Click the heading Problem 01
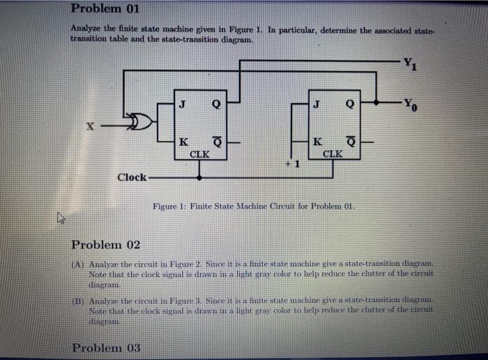(x=105, y=10)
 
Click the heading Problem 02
(x=106, y=245)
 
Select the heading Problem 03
(x=105, y=347)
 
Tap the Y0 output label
(x=413, y=106)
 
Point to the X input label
(x=89, y=127)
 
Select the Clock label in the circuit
(x=132, y=177)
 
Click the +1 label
(x=292, y=164)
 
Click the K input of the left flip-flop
(x=183, y=142)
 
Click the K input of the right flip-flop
(x=319, y=142)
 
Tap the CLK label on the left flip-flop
(x=200, y=153)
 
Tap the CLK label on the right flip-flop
(x=333, y=153)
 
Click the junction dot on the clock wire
(x=200, y=177)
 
